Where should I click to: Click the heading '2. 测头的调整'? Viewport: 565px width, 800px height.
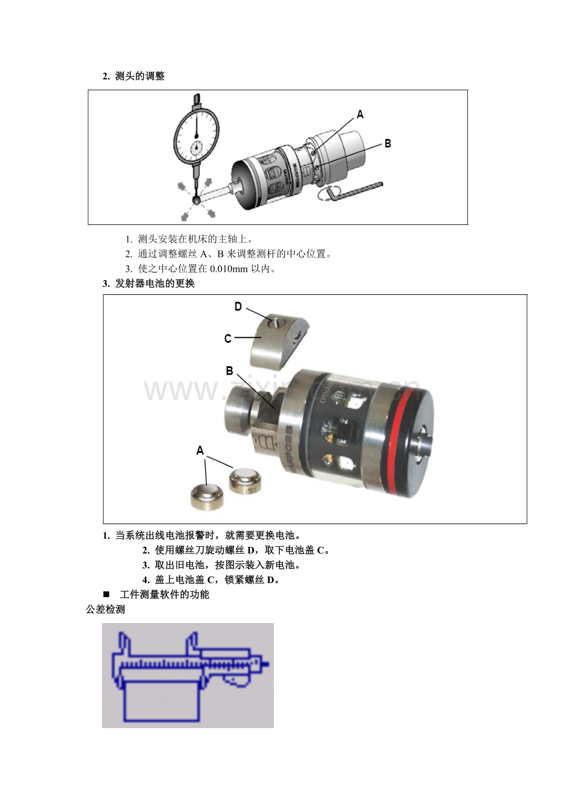pyautogui.click(x=133, y=76)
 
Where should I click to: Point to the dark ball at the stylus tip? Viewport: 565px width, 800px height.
pyautogui.click(x=197, y=200)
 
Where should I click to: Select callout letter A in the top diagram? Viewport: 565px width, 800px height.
pyautogui.click(x=360, y=114)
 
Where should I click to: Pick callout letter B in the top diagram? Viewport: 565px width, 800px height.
pyautogui.click(x=388, y=144)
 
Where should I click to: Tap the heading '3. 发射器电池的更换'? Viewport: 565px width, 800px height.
pyautogui.click(x=149, y=284)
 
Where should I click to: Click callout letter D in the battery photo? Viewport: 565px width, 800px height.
pyautogui.click(x=238, y=307)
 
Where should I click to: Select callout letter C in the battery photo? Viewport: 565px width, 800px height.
pyautogui.click(x=228, y=338)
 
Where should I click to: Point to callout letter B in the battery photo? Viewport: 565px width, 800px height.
pyautogui.click(x=229, y=371)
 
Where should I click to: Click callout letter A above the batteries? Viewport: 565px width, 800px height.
pyautogui.click(x=200, y=451)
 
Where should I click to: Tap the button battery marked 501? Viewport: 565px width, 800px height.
pyautogui.click(x=245, y=482)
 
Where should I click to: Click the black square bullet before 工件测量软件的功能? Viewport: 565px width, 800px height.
pyautogui.click(x=106, y=595)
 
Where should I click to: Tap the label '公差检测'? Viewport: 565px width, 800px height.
pyautogui.click(x=105, y=610)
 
